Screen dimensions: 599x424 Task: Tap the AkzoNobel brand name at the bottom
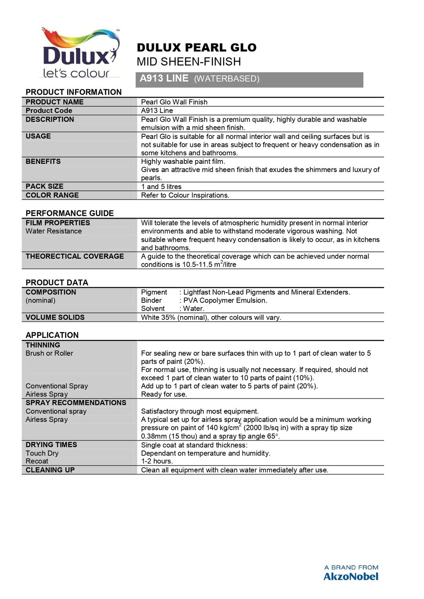click(x=351, y=576)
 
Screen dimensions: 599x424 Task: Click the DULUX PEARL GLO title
click(x=197, y=48)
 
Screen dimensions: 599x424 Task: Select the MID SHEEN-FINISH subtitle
click(x=189, y=62)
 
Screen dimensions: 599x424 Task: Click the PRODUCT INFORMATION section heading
click(x=74, y=92)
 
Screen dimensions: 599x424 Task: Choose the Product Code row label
click(x=49, y=110)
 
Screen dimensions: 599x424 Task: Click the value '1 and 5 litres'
click(x=161, y=187)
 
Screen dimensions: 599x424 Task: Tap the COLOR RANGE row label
click(x=52, y=195)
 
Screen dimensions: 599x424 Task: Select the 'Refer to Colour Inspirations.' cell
click(x=185, y=195)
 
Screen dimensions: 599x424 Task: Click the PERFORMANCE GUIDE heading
click(x=70, y=213)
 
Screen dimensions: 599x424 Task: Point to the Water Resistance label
click(x=53, y=231)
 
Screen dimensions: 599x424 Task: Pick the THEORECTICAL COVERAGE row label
click(x=75, y=256)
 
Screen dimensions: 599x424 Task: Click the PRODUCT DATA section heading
click(x=57, y=283)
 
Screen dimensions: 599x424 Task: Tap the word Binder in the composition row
click(x=151, y=300)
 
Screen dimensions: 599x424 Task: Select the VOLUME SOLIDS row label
click(x=55, y=317)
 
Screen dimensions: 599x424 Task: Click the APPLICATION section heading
click(x=52, y=335)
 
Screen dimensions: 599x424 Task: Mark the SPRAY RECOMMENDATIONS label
click(x=76, y=403)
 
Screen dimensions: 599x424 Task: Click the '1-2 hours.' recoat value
click(x=157, y=461)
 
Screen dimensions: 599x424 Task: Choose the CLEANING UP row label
click(x=50, y=470)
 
